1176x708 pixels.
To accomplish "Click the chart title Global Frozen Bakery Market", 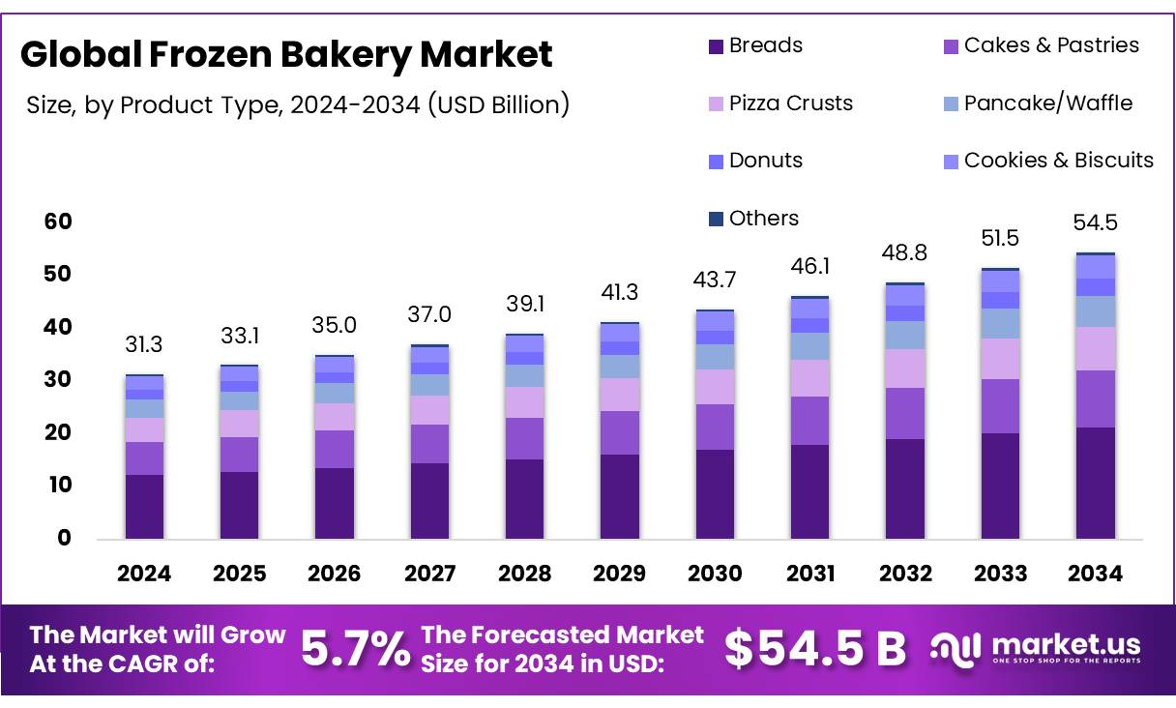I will (286, 54).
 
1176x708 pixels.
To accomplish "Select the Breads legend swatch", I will (716, 45).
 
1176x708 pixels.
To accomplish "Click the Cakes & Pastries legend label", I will (1051, 45).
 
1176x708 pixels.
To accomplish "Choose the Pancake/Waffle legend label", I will (1048, 103).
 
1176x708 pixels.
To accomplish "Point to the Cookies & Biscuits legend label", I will (1059, 161).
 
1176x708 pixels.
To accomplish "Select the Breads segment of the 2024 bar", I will (144, 506).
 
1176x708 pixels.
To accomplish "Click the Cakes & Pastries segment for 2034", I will (1096, 398).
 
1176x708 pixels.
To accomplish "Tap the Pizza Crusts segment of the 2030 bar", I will (715, 387).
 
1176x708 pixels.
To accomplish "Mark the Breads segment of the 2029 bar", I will (620, 496).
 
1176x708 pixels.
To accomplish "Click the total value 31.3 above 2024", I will (144, 345).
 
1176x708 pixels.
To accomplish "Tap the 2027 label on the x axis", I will (429, 575).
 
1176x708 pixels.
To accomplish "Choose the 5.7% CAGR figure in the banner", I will (355, 649).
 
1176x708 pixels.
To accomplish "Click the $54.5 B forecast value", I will (814, 649).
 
